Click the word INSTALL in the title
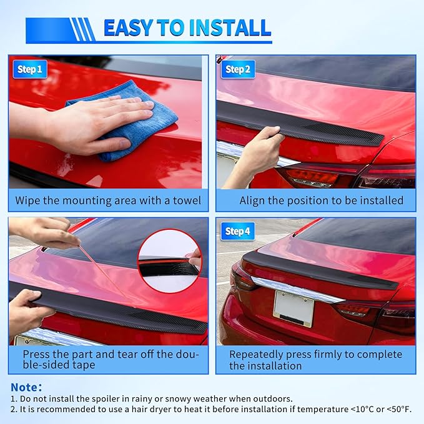pos(228,28)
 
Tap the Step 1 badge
pos(30,69)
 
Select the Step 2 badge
pos(238,69)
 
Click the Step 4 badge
pos(238,232)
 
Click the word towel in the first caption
pos(187,201)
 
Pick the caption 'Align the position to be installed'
pos(321,201)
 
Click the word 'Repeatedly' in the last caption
pos(259,354)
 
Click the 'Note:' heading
pos(27,387)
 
